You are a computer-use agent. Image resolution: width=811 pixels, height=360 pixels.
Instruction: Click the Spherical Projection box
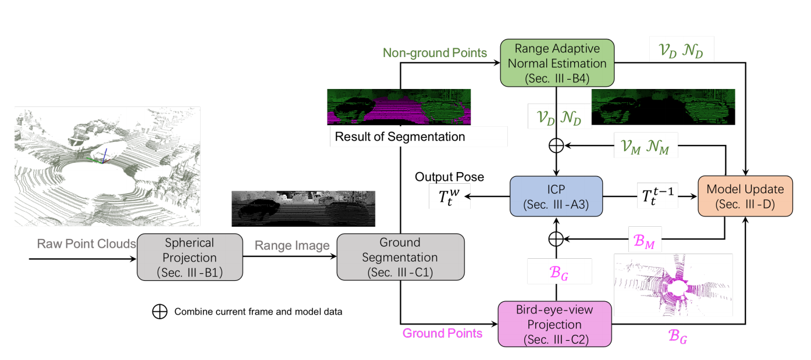tap(189, 256)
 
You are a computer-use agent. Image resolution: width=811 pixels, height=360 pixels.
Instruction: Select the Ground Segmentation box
tap(401, 256)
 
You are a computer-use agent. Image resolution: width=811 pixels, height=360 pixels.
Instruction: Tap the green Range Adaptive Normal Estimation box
tap(557, 63)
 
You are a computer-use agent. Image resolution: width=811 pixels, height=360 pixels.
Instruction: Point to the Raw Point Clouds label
tap(87, 243)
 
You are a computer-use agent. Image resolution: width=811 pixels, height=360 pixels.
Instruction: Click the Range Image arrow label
tap(290, 246)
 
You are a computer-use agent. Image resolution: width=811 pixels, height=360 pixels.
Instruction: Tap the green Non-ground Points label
tap(435, 53)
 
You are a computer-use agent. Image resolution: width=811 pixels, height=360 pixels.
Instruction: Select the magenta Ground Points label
tap(442, 333)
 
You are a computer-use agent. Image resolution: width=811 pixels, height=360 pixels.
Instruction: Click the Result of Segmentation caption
tap(399, 137)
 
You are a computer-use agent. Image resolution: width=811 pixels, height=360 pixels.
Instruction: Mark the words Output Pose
tap(449, 176)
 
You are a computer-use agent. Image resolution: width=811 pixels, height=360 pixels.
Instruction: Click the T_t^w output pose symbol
tap(446, 197)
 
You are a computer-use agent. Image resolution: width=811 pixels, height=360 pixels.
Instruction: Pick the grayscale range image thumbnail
tap(303, 208)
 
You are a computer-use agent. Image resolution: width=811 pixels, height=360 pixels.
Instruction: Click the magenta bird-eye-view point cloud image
tap(673, 285)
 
